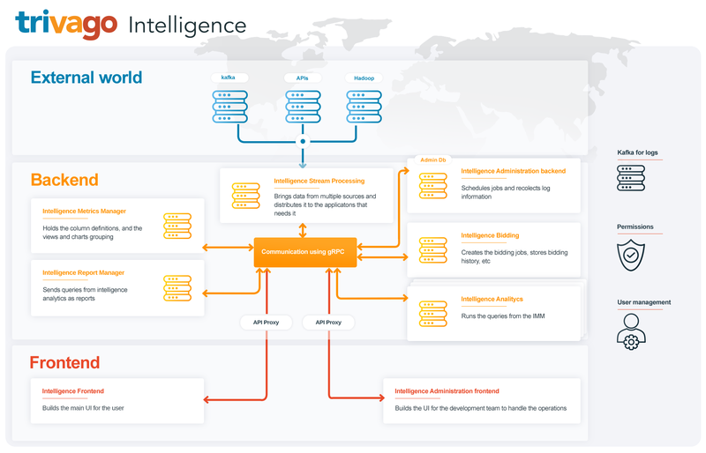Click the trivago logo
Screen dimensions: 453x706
click(66, 24)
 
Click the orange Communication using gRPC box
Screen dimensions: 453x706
click(303, 252)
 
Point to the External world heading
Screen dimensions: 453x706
click(86, 78)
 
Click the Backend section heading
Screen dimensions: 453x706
click(64, 181)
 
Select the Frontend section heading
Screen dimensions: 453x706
click(64, 362)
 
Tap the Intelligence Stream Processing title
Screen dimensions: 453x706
click(319, 182)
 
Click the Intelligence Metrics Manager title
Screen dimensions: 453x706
click(84, 212)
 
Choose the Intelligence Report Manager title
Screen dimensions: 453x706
click(83, 272)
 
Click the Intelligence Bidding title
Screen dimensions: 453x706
click(490, 236)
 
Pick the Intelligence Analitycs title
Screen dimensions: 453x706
click(492, 300)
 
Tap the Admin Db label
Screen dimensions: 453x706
click(432, 160)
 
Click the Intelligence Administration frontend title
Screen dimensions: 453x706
click(447, 390)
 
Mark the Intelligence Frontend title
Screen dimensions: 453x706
click(73, 390)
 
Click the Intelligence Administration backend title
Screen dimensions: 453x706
click(513, 171)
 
